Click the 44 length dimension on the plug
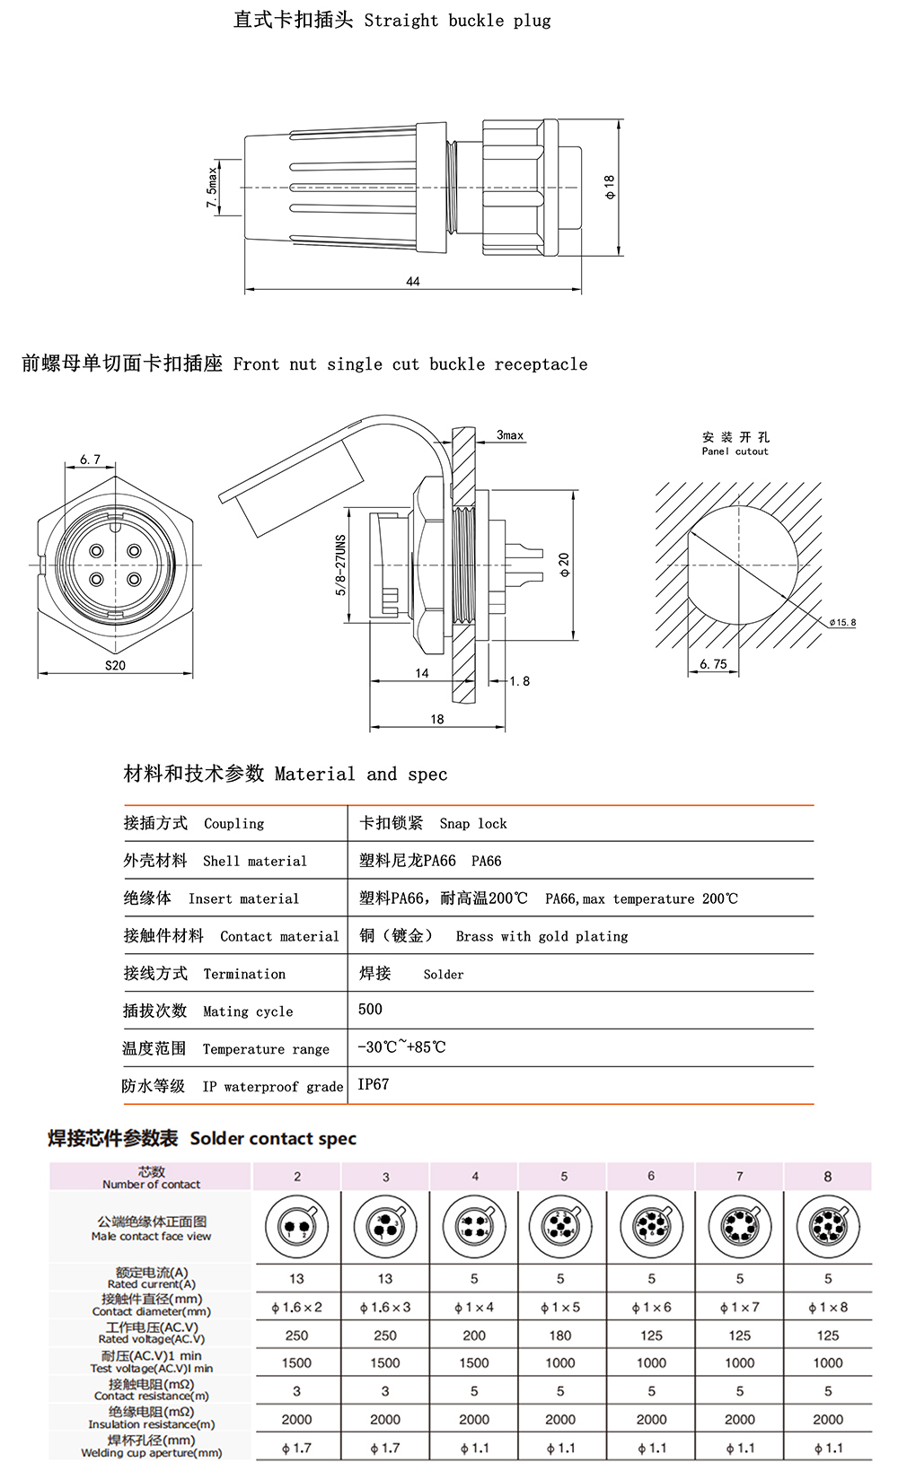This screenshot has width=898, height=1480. (413, 281)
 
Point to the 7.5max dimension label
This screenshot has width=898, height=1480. (212, 188)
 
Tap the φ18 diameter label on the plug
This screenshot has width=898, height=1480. (610, 187)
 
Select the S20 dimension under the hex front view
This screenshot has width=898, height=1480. (115, 665)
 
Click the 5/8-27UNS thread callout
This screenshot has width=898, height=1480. (340, 565)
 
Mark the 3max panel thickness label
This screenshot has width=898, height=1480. (510, 435)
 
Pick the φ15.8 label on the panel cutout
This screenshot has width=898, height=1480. (842, 622)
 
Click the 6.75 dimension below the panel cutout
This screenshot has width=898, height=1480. (713, 664)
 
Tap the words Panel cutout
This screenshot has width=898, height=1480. (735, 451)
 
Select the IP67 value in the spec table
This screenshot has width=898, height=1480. (374, 1084)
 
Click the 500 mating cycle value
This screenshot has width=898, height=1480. (370, 1009)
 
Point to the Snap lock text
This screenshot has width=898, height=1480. (473, 824)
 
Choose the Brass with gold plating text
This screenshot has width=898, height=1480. (541, 936)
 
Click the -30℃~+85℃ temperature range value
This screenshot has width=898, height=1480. (401, 1047)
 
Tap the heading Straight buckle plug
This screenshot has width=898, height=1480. (457, 21)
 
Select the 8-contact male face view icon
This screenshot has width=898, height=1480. (828, 1226)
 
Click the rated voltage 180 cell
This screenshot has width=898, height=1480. (560, 1336)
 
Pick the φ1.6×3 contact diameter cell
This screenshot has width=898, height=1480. (385, 1307)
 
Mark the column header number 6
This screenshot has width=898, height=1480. (651, 1176)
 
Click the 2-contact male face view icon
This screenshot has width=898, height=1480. (296, 1226)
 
